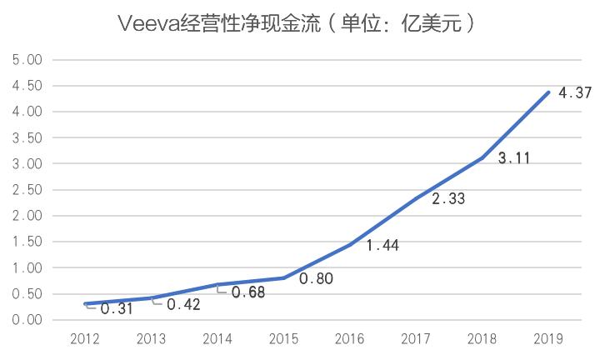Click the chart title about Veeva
(x=299, y=22)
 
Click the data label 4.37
(x=575, y=93)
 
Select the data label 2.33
(x=448, y=199)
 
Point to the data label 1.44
(x=382, y=245)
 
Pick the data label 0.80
(x=317, y=278)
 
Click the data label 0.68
(x=248, y=292)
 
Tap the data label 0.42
(x=182, y=304)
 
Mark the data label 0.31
(x=117, y=308)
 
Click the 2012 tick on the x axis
(x=86, y=338)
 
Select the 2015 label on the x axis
(x=283, y=338)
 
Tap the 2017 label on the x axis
(x=415, y=338)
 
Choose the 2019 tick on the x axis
(x=547, y=338)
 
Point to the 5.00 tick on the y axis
(x=27, y=60)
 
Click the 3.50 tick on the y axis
(x=27, y=138)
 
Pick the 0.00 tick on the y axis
(x=27, y=320)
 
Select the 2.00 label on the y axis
(x=27, y=216)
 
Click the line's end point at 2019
(x=547, y=92)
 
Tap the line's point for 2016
(x=350, y=245)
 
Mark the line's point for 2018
(x=482, y=157)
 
